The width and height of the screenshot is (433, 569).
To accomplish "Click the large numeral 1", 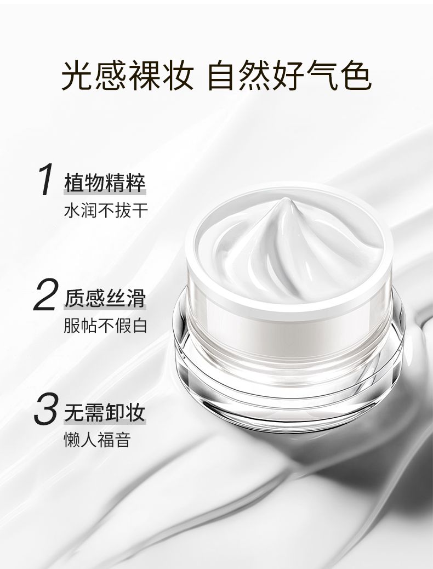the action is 47,179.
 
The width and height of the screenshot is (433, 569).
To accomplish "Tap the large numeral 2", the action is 45,295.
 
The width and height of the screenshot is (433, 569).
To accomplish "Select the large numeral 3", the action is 45,408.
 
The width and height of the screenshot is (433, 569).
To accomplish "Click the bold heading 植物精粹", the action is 105,183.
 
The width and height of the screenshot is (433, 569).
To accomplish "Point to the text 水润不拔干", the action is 106,210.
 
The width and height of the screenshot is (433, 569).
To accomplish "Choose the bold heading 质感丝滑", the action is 105,298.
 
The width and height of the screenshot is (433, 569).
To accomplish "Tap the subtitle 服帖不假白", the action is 106,326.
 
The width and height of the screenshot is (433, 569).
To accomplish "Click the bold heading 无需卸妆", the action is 105,412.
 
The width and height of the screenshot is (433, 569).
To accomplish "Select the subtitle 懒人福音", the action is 97,440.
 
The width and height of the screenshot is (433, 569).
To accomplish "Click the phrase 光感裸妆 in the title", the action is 127,76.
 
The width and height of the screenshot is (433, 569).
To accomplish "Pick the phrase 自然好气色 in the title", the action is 289,76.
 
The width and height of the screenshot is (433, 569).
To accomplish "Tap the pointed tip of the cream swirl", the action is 286,199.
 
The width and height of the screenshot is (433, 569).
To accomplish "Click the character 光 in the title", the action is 78,76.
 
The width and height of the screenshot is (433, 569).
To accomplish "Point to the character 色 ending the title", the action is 356,76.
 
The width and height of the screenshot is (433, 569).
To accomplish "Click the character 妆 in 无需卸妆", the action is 135,412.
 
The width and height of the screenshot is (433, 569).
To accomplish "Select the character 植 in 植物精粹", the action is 74,183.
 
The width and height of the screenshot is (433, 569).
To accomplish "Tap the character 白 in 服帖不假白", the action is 140,326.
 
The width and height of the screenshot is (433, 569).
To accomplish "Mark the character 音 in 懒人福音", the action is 123,440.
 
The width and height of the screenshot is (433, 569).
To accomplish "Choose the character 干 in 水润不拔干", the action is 140,210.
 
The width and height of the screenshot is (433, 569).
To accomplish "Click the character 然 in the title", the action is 257,76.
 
